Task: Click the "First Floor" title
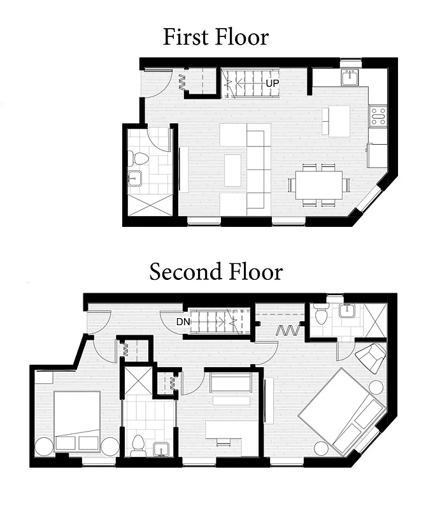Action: point(215,36)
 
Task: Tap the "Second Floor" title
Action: point(216,272)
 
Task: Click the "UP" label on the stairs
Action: point(271,83)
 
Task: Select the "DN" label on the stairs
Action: point(183,322)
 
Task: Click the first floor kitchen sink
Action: point(350,77)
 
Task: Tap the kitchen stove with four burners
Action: point(378,115)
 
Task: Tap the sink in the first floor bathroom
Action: point(135,178)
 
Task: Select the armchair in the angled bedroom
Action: point(371,357)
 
